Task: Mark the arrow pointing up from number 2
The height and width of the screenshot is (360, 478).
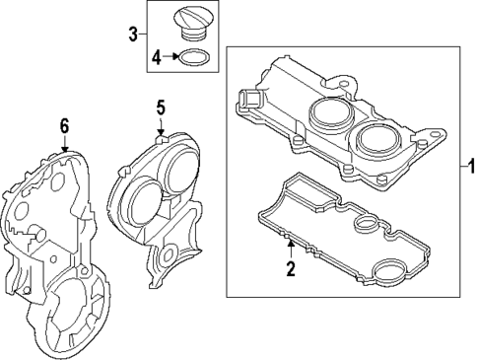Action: coord(291,247)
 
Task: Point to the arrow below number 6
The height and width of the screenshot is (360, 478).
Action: coord(64,144)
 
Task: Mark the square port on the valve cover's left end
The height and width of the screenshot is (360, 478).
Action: coord(250,100)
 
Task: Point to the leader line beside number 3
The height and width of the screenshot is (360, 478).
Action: coord(146,36)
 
